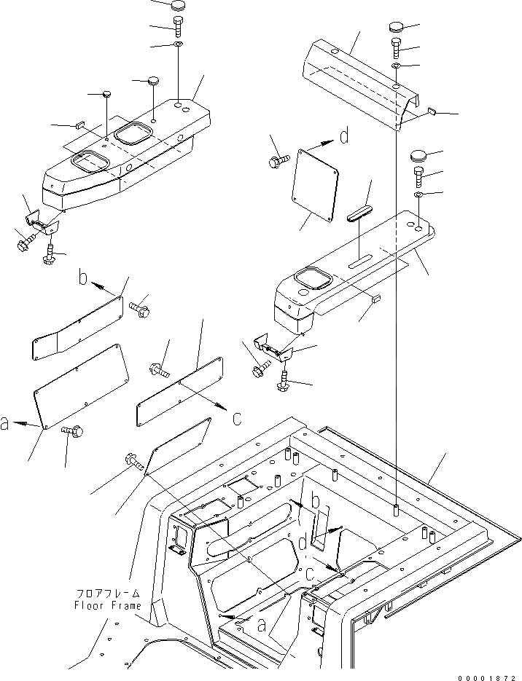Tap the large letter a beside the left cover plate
(7, 423)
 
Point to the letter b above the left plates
(85, 278)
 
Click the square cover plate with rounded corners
(316, 186)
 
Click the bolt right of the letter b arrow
(140, 309)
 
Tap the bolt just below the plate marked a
(74, 431)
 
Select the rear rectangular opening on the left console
(134, 132)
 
